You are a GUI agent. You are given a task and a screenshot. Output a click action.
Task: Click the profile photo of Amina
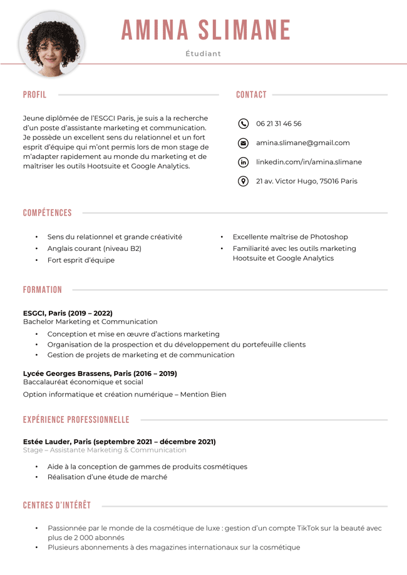tap(51, 44)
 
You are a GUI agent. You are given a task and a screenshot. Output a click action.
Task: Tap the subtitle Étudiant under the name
tap(203, 54)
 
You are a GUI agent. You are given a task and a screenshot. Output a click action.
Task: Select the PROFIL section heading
tap(34, 95)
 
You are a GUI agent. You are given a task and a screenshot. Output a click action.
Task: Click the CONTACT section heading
tap(251, 95)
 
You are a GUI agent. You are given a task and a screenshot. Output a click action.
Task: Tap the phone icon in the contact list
tap(244, 124)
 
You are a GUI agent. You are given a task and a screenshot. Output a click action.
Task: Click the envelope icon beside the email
tap(244, 143)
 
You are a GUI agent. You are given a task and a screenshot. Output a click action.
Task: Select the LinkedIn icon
tap(244, 162)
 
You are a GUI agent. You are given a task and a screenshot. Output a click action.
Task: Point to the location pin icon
tap(244, 181)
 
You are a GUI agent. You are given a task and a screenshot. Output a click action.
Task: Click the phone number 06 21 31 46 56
tap(279, 124)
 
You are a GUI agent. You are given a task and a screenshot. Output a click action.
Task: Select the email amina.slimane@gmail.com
tap(302, 143)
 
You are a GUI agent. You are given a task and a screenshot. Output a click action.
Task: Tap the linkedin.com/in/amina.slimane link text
tap(309, 162)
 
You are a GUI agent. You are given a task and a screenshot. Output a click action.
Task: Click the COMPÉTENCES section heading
tap(48, 213)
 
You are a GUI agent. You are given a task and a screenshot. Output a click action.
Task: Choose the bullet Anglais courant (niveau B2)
tap(94, 248)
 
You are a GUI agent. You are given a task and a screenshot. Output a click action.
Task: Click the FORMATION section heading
tap(43, 290)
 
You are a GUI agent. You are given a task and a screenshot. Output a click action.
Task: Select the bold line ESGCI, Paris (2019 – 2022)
tap(68, 313)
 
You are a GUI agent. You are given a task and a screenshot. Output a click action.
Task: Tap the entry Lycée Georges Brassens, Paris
tap(100, 374)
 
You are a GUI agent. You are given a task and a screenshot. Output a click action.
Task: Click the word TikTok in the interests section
tap(304, 528)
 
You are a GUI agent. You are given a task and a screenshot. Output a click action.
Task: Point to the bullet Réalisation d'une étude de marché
tap(107, 477)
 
